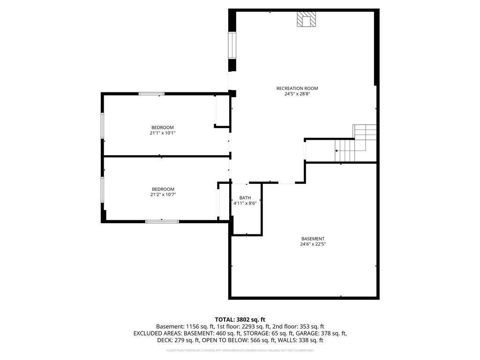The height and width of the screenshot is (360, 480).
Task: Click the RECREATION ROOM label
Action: (x=297, y=89)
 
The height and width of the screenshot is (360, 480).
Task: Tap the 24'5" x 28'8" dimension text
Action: (x=297, y=94)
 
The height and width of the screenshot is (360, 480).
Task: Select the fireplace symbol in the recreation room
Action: (x=306, y=19)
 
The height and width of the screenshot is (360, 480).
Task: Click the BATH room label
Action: (x=245, y=198)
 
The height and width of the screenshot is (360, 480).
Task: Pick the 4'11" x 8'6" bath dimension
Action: (x=245, y=203)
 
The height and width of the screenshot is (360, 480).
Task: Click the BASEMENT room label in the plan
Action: (x=313, y=239)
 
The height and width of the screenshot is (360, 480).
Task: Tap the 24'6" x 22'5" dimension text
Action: (x=313, y=244)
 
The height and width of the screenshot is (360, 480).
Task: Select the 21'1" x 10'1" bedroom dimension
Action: (x=163, y=133)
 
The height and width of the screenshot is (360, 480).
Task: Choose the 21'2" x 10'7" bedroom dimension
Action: (x=163, y=195)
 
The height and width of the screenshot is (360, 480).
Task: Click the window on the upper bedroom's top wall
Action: (x=151, y=94)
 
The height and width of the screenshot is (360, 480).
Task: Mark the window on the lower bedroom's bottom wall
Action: (x=162, y=221)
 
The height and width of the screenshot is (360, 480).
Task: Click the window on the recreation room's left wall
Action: (x=232, y=45)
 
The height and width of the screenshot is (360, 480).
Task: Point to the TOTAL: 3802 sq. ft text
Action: (x=240, y=320)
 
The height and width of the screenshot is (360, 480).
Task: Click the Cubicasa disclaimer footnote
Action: (x=240, y=350)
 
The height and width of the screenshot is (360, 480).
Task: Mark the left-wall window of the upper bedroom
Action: (x=103, y=126)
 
